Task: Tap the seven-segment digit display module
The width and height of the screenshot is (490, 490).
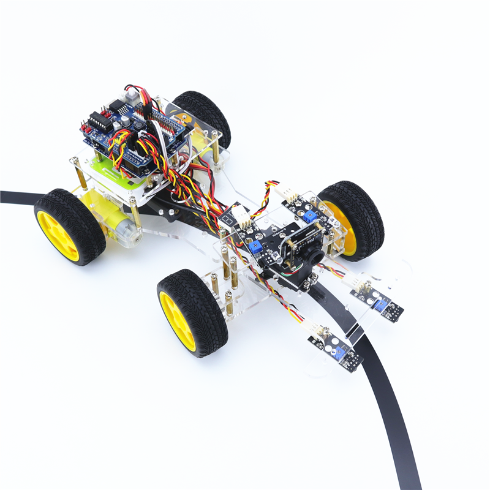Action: click(x=227, y=221)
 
